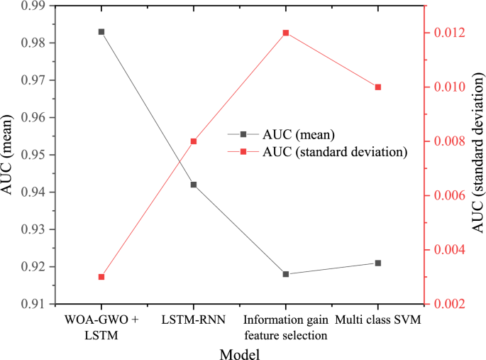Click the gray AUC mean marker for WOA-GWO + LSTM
pyautogui.click(x=101, y=32)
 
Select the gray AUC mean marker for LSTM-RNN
pyautogui.click(x=194, y=185)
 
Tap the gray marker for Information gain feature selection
pyautogui.click(x=286, y=274)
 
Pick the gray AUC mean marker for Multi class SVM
pyautogui.click(x=378, y=263)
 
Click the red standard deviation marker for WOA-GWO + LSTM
pyautogui.click(x=101, y=277)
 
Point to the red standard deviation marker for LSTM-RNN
pyautogui.click(x=194, y=141)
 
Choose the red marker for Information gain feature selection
pyautogui.click(x=286, y=33)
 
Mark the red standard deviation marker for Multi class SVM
pyautogui.click(x=378, y=87)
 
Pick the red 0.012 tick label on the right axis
pyautogui.click(x=446, y=33)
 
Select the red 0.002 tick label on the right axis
pyautogui.click(x=446, y=304)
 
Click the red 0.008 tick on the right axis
pyautogui.click(x=446, y=141)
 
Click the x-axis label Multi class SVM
pyautogui.click(x=378, y=320)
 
